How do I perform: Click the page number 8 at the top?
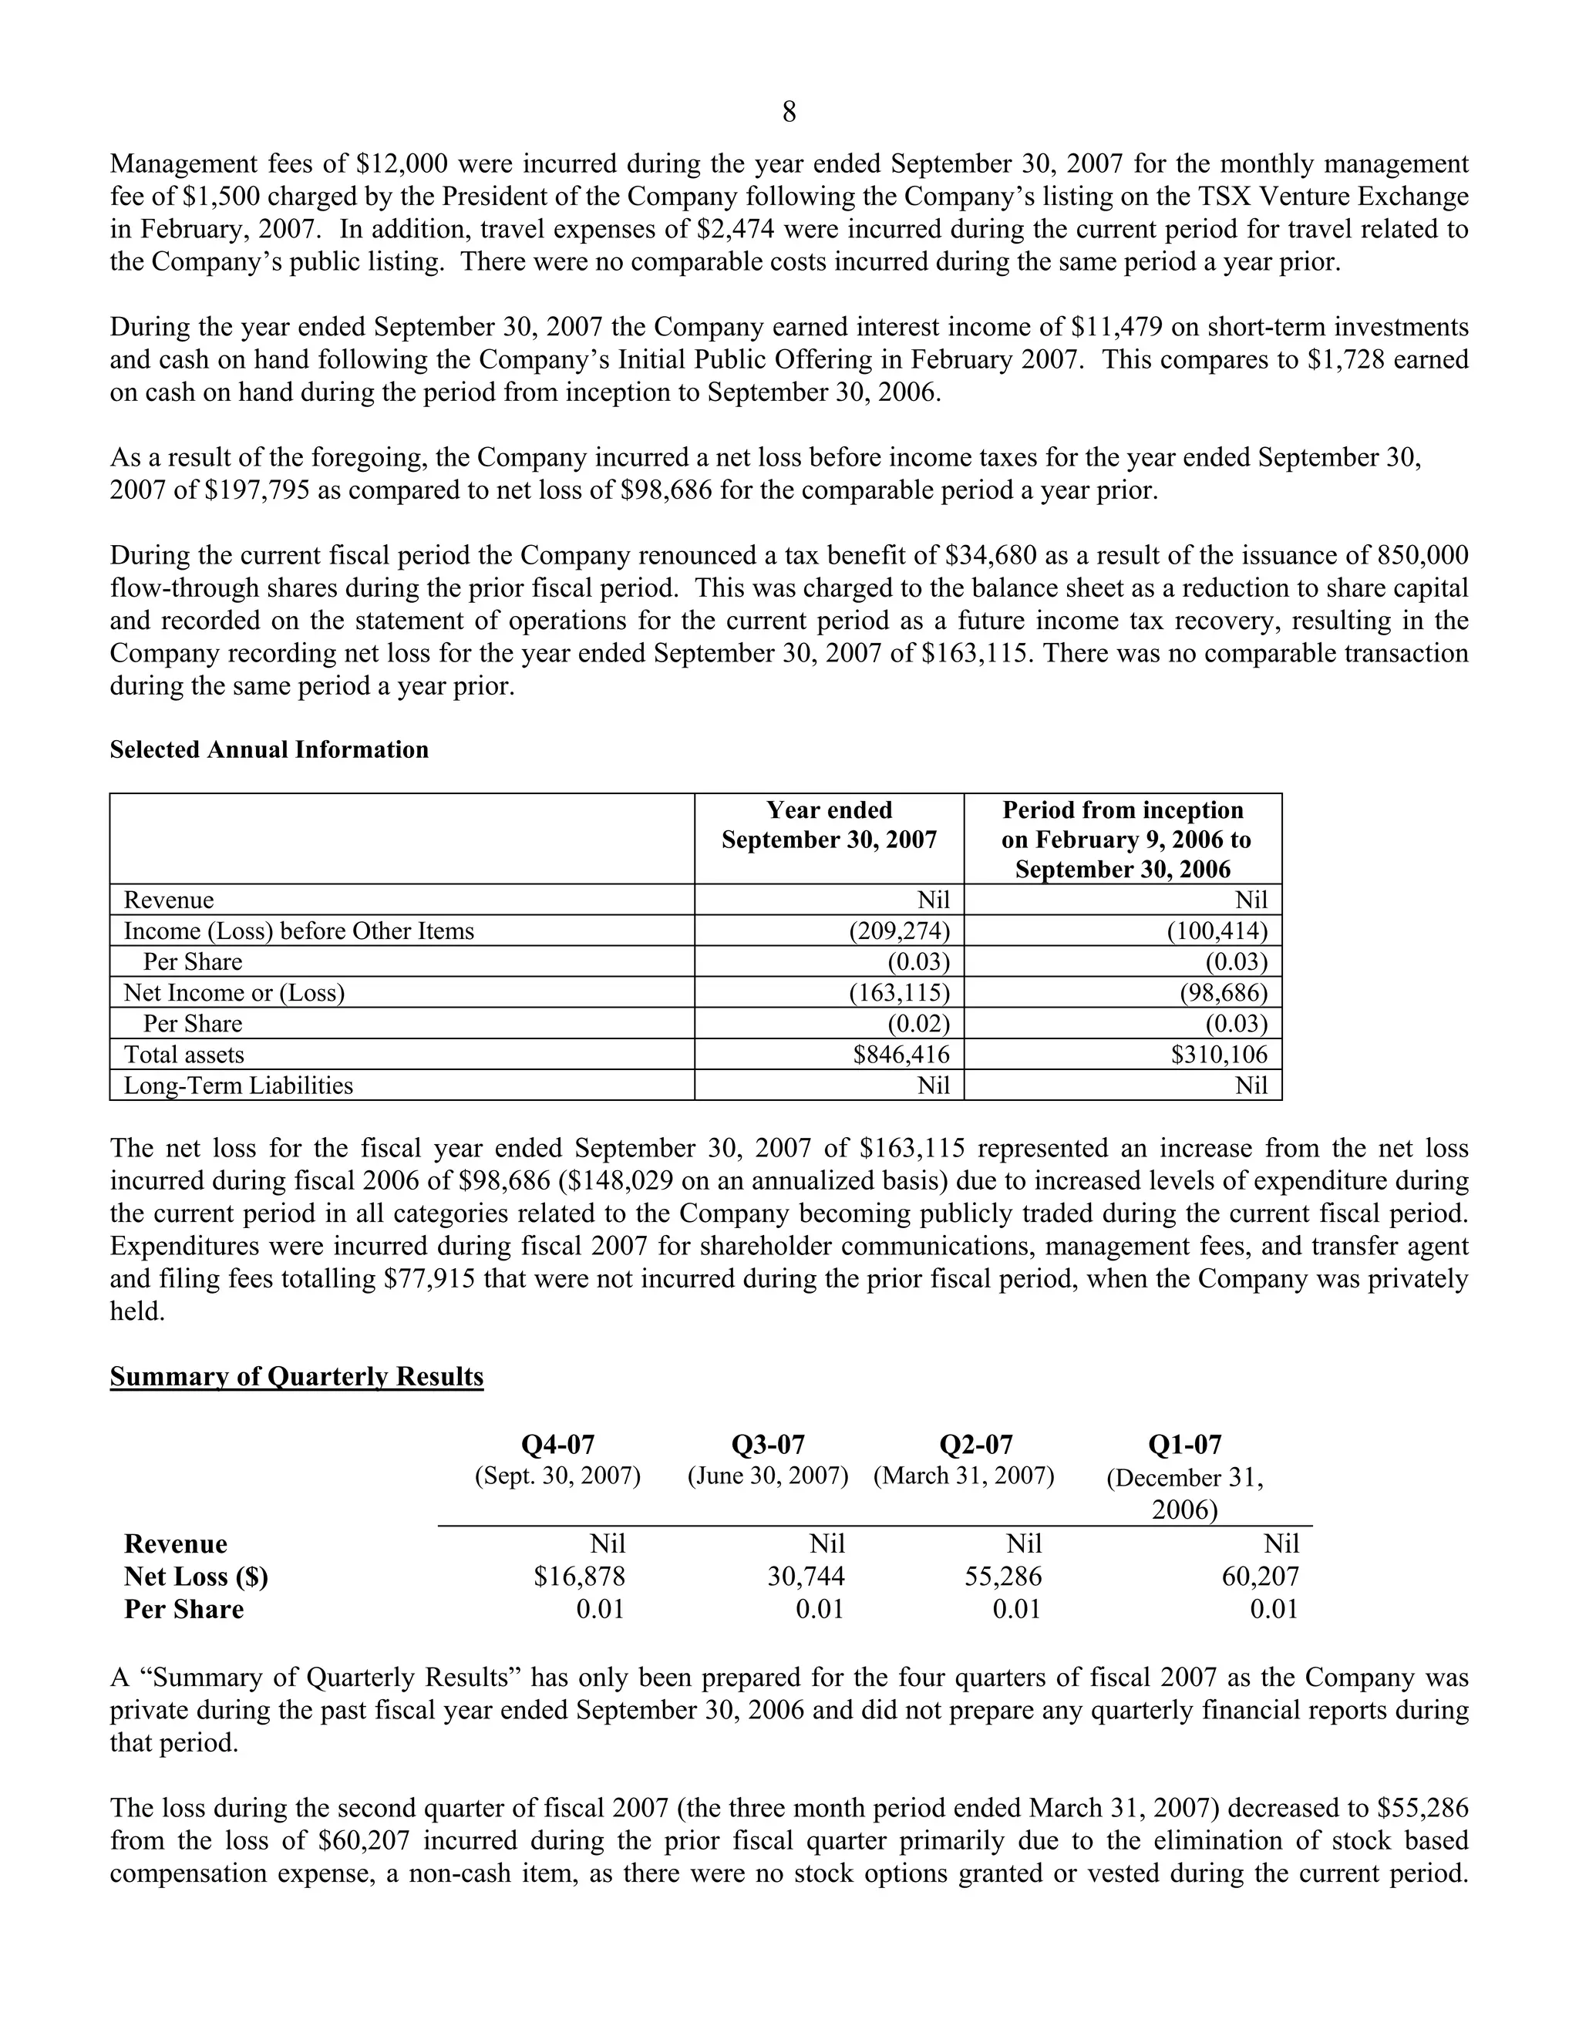789,113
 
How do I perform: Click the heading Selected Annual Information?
269,749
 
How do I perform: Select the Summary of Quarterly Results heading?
297,1377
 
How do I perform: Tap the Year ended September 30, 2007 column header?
829,825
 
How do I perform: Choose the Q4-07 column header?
557,1446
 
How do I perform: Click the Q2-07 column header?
975,1446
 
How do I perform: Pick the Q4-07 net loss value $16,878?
579,1577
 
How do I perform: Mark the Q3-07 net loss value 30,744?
806,1577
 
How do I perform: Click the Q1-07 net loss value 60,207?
1260,1577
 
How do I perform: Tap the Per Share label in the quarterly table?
184,1609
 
